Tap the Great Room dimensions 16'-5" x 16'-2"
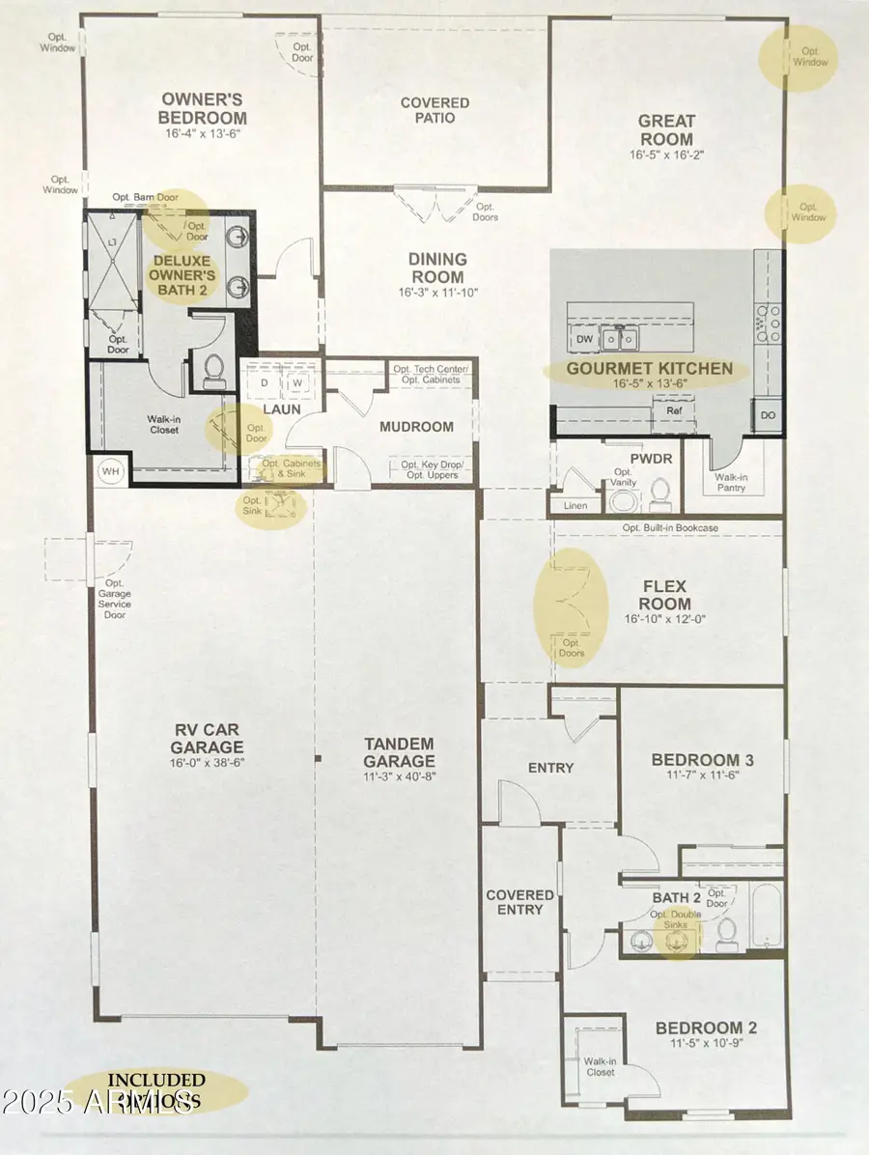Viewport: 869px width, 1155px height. (666, 155)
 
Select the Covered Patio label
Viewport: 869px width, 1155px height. (434, 110)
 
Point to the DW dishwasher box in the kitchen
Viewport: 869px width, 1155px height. (584, 340)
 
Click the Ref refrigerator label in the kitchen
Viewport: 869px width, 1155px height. (674, 410)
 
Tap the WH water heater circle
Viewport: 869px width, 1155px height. (108, 471)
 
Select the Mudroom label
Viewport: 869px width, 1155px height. (416, 426)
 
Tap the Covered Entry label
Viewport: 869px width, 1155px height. (519, 902)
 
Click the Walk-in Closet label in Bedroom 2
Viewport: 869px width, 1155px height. (600, 1066)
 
